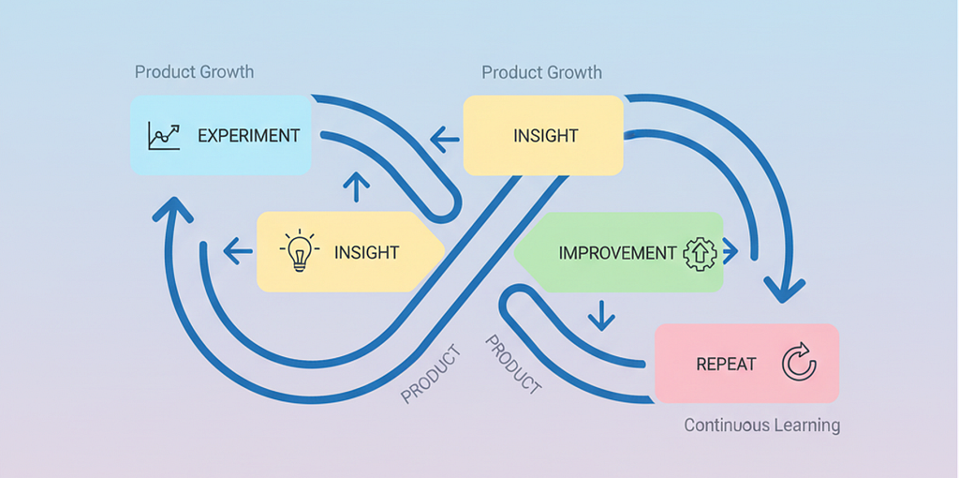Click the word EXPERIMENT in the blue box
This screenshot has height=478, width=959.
pyautogui.click(x=249, y=135)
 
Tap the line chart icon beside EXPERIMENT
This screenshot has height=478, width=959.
pyautogui.click(x=164, y=136)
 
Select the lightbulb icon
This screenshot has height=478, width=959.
pyautogui.click(x=299, y=250)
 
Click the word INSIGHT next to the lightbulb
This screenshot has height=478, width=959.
pyautogui.click(x=366, y=251)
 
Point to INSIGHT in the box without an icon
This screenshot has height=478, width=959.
pyautogui.click(x=546, y=135)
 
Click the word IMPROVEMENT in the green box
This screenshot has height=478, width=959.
pyautogui.click(x=618, y=253)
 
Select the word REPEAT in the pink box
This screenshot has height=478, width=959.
pyautogui.click(x=726, y=365)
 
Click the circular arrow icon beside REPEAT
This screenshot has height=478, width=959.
pyautogui.click(x=799, y=364)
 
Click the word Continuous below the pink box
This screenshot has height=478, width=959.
pyautogui.click(x=722, y=425)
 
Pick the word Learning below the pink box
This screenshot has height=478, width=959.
pyautogui.click(x=803, y=426)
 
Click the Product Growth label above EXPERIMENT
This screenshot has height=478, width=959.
pyautogui.click(x=195, y=71)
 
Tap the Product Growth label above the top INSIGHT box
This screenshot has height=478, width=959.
pyautogui.click(x=542, y=72)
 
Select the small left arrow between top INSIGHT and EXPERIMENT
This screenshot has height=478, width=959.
pyautogui.click(x=445, y=139)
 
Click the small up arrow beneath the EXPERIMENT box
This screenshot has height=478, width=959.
pyautogui.click(x=357, y=187)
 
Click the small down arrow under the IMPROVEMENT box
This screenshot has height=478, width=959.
pyautogui.click(x=602, y=315)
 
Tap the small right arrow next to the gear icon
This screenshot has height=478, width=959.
pyautogui.click(x=730, y=251)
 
